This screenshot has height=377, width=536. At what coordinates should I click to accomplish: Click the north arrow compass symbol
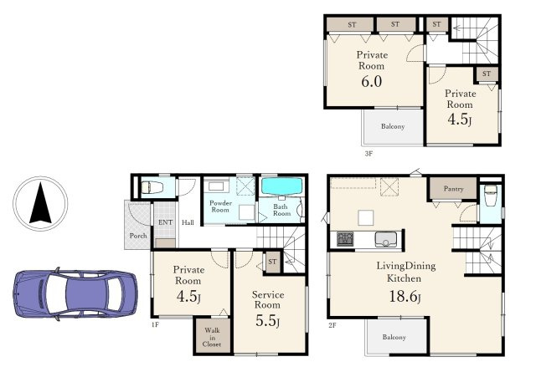click(40, 203)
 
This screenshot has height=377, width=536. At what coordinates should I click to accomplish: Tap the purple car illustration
click(75, 294)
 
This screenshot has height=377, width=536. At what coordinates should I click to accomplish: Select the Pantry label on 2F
click(453, 189)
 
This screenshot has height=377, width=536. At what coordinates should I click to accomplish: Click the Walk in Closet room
click(212, 336)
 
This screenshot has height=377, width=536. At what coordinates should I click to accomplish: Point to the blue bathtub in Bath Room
click(282, 186)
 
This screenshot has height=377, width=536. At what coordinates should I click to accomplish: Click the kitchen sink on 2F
click(386, 239)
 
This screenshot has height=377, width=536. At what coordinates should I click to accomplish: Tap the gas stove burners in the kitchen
click(345, 239)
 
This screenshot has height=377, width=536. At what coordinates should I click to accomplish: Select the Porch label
click(138, 236)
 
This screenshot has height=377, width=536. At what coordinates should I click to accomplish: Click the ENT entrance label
click(166, 222)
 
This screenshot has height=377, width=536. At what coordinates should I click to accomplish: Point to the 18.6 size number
click(405, 297)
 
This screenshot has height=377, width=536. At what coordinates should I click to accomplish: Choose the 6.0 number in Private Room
click(372, 82)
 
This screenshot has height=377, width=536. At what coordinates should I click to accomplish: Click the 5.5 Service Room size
click(268, 320)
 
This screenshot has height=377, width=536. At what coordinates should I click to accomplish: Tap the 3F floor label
click(368, 154)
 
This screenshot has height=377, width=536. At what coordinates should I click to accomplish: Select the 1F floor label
click(155, 325)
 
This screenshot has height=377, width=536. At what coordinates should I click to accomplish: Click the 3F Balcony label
click(393, 126)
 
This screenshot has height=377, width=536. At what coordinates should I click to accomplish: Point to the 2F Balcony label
click(394, 337)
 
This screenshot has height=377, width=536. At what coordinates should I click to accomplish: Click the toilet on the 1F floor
click(152, 187)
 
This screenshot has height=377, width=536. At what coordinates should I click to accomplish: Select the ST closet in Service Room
click(272, 262)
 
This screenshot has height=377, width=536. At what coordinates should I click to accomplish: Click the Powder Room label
click(220, 206)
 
